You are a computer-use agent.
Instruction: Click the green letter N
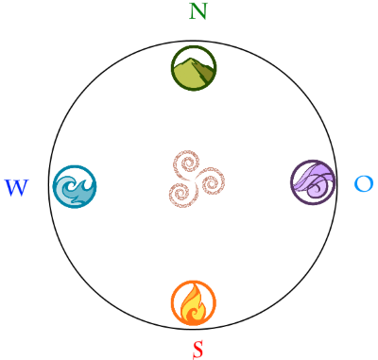[198, 11]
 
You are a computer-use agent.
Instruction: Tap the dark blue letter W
[16, 188]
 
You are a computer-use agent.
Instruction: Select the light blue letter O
[364, 183]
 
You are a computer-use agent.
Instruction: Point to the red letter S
[198, 349]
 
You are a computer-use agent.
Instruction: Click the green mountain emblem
[194, 68]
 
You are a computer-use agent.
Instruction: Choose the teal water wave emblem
[75, 186]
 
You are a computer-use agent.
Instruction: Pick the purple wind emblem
[313, 182]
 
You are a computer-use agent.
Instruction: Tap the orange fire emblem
[194, 302]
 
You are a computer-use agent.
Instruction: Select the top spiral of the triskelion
[187, 163]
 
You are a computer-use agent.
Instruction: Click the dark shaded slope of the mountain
[206, 73]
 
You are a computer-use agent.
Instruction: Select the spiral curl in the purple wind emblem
[318, 188]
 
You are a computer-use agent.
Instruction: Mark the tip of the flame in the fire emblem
[196, 284]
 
